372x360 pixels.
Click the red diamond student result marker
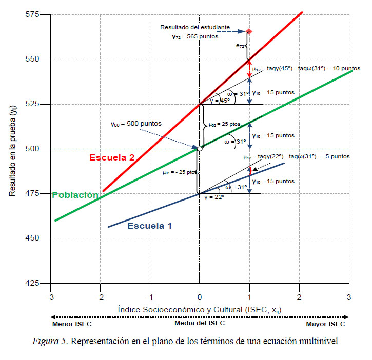coord(249,31)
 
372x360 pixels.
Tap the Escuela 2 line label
coord(112,157)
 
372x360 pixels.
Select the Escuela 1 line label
coord(149,225)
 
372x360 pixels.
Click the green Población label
coord(75,195)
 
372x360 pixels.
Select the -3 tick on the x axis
coord(50,296)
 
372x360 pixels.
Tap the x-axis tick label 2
coord(299,296)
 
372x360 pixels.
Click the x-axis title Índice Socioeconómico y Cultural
coord(199,309)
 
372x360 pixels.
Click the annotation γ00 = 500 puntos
coord(136,123)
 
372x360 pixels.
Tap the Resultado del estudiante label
coord(194,27)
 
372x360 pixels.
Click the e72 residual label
coord(240,46)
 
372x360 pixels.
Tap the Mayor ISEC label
coord(326,324)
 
